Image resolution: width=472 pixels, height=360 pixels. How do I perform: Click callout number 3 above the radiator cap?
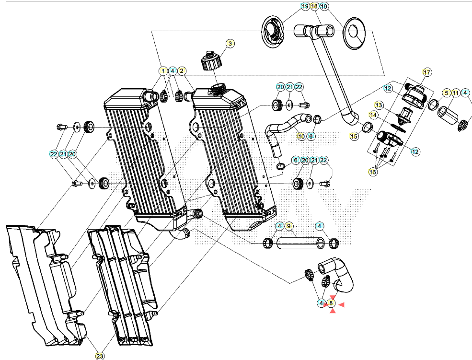pyautogui.click(x=230, y=43)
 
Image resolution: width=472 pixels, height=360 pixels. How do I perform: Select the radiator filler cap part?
pyautogui.click(x=211, y=61)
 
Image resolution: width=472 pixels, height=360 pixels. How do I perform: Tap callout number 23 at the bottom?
pyautogui.click(x=100, y=356)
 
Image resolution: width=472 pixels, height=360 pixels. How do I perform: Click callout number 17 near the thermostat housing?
pyautogui.click(x=427, y=72)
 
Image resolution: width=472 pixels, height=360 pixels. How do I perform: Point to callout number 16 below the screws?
pyautogui.click(x=373, y=172)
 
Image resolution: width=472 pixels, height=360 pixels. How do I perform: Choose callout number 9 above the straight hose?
pyautogui.click(x=288, y=226)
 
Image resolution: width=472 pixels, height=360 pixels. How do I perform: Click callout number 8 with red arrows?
pyautogui.click(x=331, y=303)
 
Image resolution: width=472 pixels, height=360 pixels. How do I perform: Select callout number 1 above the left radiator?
pyautogui.click(x=163, y=71)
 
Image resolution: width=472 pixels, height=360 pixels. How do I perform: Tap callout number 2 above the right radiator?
pyautogui.click(x=182, y=71)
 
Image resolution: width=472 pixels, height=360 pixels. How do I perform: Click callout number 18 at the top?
pyautogui.click(x=314, y=6)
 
